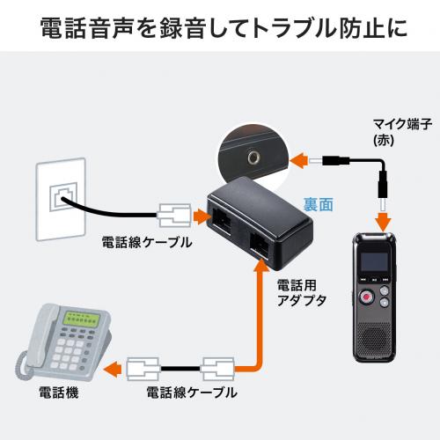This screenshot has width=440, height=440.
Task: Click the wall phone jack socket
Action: pos(63,196)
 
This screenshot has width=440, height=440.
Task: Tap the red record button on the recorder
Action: pos(367,297)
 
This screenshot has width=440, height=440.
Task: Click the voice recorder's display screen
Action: pos(374,261)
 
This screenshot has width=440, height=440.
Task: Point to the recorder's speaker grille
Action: pos(374,338)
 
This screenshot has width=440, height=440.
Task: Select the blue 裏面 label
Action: pos(319,204)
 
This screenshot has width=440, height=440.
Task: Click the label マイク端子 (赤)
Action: pos(402,132)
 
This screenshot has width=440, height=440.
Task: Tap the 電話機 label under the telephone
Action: pos(59,392)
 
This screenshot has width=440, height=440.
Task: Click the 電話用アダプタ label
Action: pos(302,293)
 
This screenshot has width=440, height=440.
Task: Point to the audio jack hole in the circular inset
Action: pos(253,158)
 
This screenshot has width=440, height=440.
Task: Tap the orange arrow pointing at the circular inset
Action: pos(298,161)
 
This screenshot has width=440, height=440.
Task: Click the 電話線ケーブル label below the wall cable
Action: pos(147,242)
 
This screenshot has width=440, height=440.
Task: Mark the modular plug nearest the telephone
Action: pos(143,369)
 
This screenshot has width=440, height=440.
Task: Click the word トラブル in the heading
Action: pos(294,28)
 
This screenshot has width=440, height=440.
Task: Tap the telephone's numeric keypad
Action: pos(68,353)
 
